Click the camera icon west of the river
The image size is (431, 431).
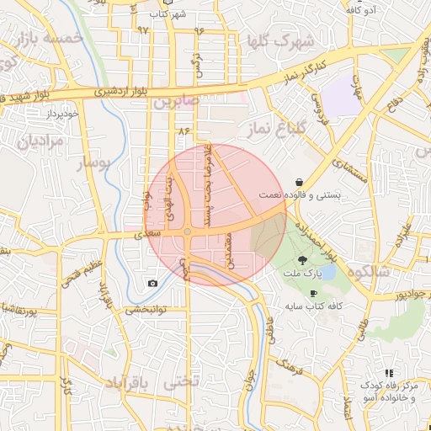click(152, 284)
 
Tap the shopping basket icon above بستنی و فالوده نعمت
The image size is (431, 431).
click(300, 182)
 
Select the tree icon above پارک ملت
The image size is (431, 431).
click(302, 260)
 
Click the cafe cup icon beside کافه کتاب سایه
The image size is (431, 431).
click(314, 293)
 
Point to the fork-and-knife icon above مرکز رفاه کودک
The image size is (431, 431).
click(388, 372)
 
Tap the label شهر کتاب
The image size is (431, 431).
click(167, 14)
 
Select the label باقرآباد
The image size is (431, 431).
click(126, 383)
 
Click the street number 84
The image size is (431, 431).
click(185, 131)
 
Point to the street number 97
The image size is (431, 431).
click(142, 30)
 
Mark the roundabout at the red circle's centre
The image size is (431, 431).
click(188, 231)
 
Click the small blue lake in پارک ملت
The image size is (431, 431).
click(327, 272)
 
